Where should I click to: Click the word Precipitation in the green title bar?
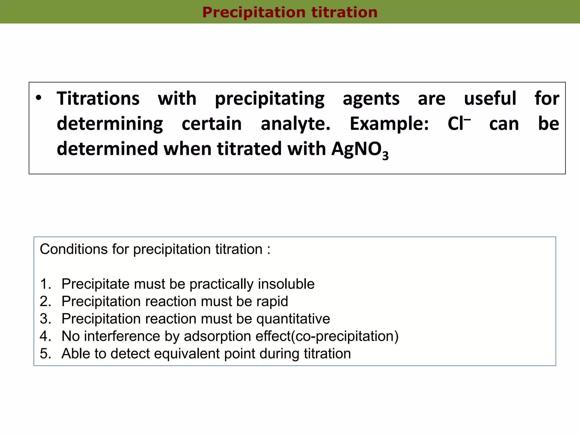253,12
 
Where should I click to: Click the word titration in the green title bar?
344,12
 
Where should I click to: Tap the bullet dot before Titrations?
39,98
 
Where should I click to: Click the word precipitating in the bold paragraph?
269,99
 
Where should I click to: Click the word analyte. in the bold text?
295,124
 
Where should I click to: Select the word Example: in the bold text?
389,124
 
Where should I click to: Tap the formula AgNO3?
360,150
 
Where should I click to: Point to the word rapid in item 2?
272,301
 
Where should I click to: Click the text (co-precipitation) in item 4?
345,336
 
